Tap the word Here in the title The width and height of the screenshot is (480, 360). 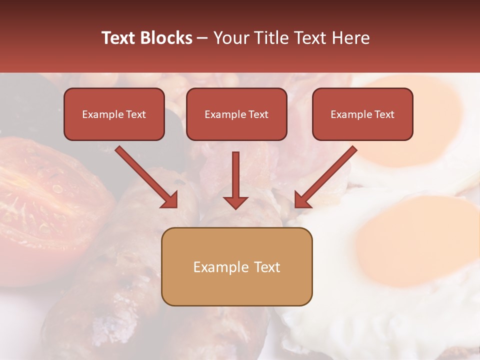350,38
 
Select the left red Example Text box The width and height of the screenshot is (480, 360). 114,114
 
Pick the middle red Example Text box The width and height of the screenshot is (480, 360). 236,114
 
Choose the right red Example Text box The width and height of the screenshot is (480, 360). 362,114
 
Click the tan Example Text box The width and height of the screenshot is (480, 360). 236,266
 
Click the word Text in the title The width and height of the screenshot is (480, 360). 119,38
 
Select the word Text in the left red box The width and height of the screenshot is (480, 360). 136,114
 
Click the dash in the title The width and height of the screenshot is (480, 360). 202,38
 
